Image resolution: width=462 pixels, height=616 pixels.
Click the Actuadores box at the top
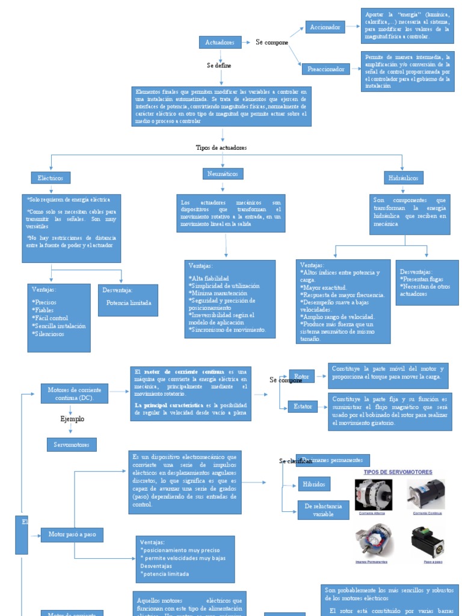tap(220, 42)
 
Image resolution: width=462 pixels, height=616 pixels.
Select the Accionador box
tap(325, 27)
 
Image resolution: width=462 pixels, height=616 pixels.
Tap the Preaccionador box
tap(325, 69)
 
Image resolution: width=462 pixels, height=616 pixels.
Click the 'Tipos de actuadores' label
tap(221, 147)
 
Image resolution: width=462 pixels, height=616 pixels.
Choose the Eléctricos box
tap(51, 178)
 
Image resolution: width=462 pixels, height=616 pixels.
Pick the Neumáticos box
tap(222, 173)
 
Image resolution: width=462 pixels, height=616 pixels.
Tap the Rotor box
tap(302, 377)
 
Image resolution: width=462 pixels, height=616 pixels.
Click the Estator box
tap(302, 407)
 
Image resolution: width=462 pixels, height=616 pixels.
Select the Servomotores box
tap(71, 445)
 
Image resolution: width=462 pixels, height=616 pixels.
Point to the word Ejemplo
tap(72, 419)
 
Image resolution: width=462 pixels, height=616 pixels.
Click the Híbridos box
tap(315, 484)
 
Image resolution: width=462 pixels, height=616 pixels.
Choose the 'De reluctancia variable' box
tap(323, 510)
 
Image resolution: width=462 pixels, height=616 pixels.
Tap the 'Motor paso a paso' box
tap(72, 534)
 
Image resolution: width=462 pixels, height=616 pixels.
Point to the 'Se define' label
tap(219, 65)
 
